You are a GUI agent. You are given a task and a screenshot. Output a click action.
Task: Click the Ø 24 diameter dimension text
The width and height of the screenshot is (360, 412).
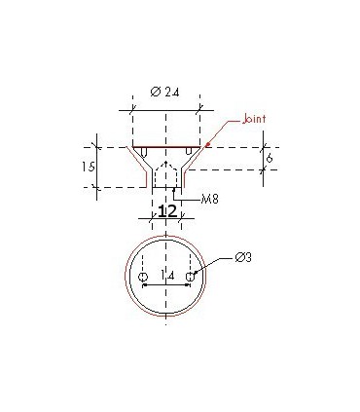coord(165,92)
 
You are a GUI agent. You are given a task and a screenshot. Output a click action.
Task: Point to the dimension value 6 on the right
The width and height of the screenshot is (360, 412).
coord(270,157)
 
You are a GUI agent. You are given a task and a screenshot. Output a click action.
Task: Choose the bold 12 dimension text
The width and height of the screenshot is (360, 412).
coord(166,212)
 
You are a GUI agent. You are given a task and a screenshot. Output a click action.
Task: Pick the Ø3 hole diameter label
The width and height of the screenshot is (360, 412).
coord(244,257)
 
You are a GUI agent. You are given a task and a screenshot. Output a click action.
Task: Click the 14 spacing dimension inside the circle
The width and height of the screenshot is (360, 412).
coord(167,277)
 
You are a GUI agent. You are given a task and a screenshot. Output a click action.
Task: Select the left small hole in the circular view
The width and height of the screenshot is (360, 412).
coord(143,279)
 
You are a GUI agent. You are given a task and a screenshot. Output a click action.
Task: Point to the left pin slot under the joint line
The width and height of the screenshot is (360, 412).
coord(144,152)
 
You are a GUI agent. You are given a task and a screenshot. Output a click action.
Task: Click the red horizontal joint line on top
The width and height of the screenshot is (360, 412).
coord(165,146)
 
